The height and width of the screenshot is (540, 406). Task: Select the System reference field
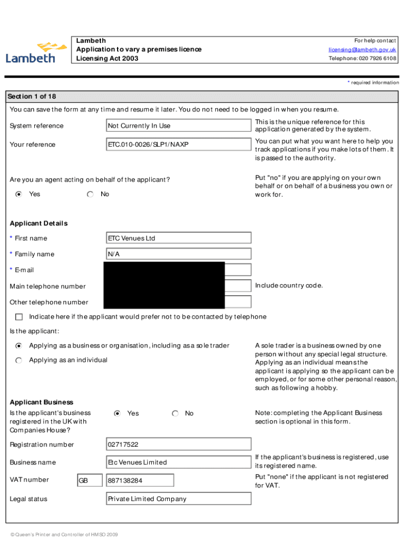178,126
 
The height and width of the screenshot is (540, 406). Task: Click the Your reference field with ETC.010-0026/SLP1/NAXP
178,144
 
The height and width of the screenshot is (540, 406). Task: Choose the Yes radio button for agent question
19,194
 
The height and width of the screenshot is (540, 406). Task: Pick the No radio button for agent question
90,194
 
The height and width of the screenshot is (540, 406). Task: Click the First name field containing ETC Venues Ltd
178,238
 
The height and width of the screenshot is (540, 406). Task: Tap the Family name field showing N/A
178,254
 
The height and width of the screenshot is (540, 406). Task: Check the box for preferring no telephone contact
20,317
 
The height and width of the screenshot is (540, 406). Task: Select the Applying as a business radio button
19,346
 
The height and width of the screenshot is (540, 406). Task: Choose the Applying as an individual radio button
19,360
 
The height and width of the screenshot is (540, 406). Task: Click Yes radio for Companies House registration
118,413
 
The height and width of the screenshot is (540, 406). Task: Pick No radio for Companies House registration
176,413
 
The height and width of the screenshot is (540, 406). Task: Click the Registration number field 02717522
178,445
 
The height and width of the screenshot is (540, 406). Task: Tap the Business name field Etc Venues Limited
178,462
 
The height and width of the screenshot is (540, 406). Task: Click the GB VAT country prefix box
90,480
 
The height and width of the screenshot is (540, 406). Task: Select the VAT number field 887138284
140,480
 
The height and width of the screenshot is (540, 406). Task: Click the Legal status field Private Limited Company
178,499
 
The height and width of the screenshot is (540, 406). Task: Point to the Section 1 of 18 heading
32,97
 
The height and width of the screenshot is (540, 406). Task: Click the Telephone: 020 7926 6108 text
362,59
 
